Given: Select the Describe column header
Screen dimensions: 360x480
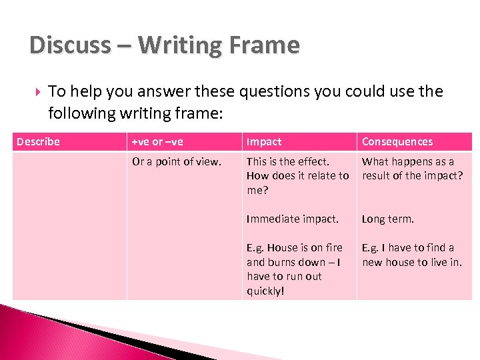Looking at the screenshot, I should (38, 141).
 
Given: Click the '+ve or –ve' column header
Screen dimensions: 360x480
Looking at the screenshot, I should (158, 141).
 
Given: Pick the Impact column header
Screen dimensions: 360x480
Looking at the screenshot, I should (264, 141).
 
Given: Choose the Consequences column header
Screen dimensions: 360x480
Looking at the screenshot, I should (397, 141).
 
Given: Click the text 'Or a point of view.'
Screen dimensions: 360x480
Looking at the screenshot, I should (176, 161).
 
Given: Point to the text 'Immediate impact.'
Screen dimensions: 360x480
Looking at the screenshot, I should (293, 219).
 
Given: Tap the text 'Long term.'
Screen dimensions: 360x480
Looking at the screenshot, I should (388, 219).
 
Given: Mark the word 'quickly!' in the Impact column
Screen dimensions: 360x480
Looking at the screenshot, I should (265, 291).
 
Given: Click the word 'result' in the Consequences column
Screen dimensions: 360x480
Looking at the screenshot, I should (377, 176).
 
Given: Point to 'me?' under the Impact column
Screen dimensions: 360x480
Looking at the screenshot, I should (256, 190).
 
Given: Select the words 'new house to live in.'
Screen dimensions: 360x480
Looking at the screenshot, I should (412, 262).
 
